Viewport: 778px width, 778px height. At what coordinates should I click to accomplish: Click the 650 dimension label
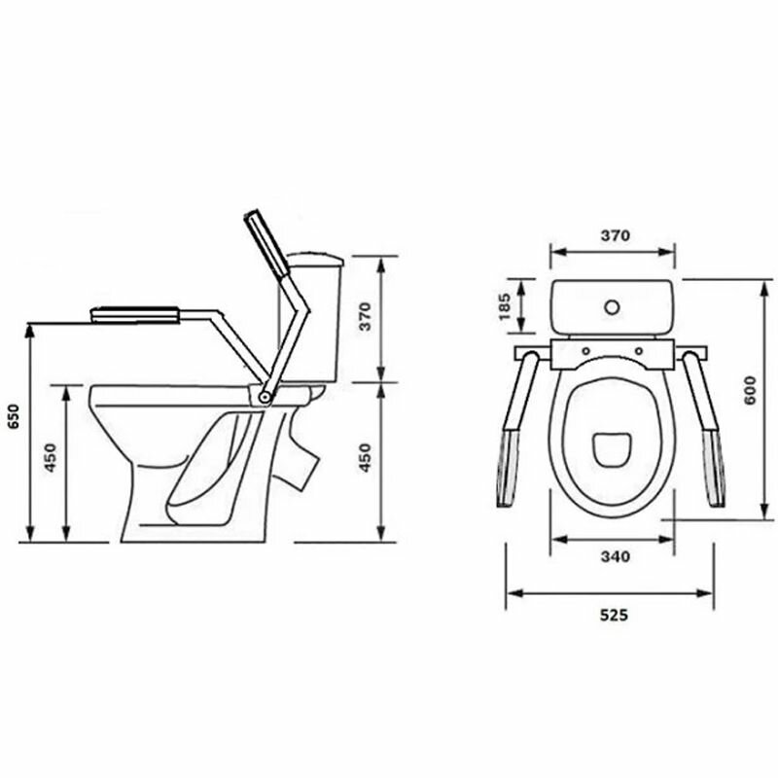tap(14, 417)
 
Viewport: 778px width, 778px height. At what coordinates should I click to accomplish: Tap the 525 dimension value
tap(614, 616)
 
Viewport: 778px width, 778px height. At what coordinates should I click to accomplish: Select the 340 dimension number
tap(616, 556)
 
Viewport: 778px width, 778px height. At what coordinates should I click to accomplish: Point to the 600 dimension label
tap(750, 391)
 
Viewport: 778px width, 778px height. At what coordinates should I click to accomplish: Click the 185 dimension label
tap(504, 306)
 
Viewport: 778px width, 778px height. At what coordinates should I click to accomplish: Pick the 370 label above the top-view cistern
tap(616, 235)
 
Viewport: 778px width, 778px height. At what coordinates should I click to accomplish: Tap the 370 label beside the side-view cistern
tap(365, 317)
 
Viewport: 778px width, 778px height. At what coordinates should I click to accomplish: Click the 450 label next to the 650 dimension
tap(52, 457)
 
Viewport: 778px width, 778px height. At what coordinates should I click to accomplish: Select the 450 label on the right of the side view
tap(365, 457)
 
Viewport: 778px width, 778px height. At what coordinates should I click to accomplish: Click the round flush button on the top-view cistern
tap(612, 307)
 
